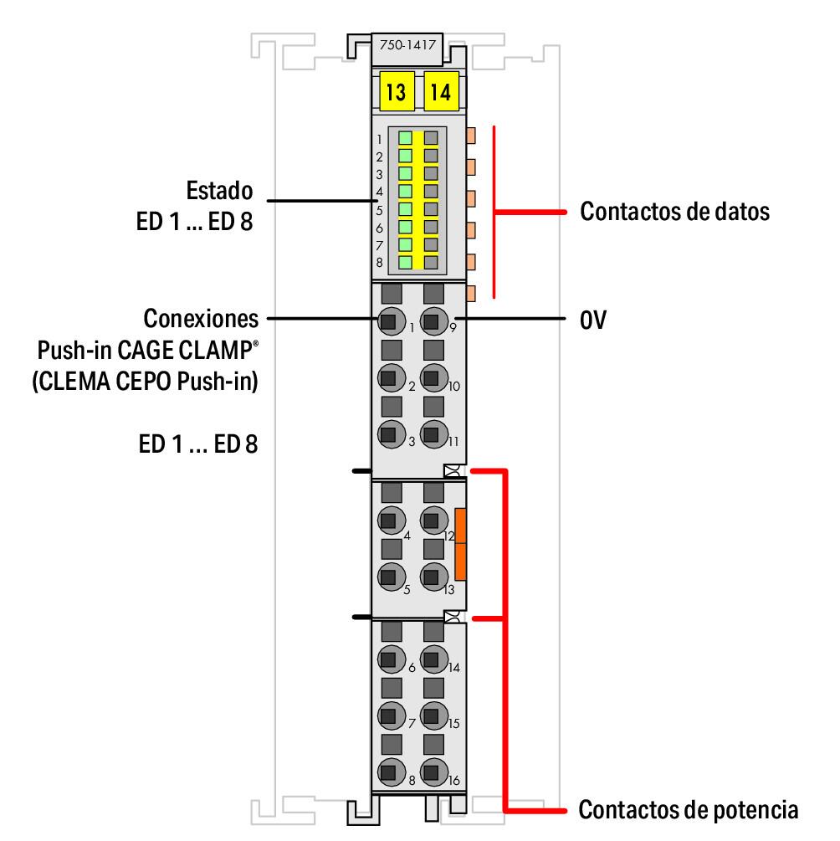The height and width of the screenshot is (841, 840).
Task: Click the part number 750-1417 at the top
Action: pyautogui.click(x=407, y=47)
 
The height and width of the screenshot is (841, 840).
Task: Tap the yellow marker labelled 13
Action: pyautogui.click(x=396, y=90)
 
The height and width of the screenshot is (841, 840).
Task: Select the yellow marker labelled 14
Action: pyautogui.click(x=440, y=90)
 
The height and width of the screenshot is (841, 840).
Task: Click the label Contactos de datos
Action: pyautogui.click(x=674, y=212)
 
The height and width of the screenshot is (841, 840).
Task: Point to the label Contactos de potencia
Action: pyautogui.click(x=689, y=809)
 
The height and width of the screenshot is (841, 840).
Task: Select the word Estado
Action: pyautogui.click(x=218, y=191)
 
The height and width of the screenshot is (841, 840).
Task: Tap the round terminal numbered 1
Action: pyautogui.click(x=388, y=321)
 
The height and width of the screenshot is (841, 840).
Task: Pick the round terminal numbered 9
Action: pyautogui.click(x=431, y=321)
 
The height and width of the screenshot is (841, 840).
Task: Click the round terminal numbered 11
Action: pyautogui.click(x=431, y=434)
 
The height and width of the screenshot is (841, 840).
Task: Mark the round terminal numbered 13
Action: pyautogui.click(x=431, y=576)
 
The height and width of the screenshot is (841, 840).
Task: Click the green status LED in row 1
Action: pyautogui.click(x=406, y=138)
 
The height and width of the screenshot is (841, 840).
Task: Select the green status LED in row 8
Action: pyautogui.click(x=406, y=262)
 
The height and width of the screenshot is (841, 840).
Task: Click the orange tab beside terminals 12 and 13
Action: pyautogui.click(x=460, y=545)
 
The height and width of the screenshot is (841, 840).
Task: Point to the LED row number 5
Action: pyautogui.click(x=379, y=209)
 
